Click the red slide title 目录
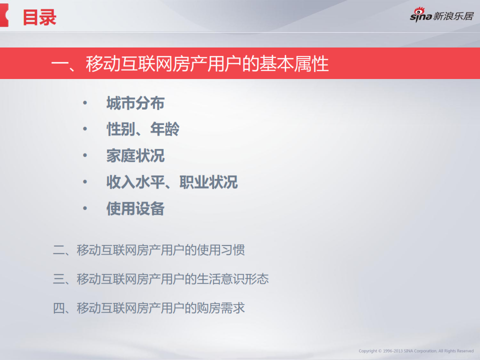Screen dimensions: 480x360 click(x=39, y=17)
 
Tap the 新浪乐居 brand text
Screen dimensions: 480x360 click(x=453, y=16)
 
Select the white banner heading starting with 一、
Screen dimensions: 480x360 click(x=190, y=63)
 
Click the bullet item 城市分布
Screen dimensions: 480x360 click(x=135, y=103)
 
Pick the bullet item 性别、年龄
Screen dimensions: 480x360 click(x=142, y=129)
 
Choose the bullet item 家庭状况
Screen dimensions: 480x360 click(x=135, y=155)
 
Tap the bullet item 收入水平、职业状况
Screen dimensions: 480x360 click(x=171, y=182)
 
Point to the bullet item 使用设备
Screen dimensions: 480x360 click(x=135, y=208)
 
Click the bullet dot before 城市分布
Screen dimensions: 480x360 click(x=85, y=103)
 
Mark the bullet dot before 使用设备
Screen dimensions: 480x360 click(x=85, y=208)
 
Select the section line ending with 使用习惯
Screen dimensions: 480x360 click(x=149, y=250)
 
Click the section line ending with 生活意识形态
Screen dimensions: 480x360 click(x=160, y=279)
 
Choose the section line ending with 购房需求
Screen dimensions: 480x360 click(x=149, y=308)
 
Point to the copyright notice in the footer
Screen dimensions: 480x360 click(x=416, y=351)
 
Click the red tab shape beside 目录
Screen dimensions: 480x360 click(x=4, y=15)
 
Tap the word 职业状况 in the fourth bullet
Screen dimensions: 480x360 click(x=208, y=182)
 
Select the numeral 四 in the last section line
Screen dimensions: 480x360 click(x=59, y=308)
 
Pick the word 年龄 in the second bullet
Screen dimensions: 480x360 click(x=164, y=129)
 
